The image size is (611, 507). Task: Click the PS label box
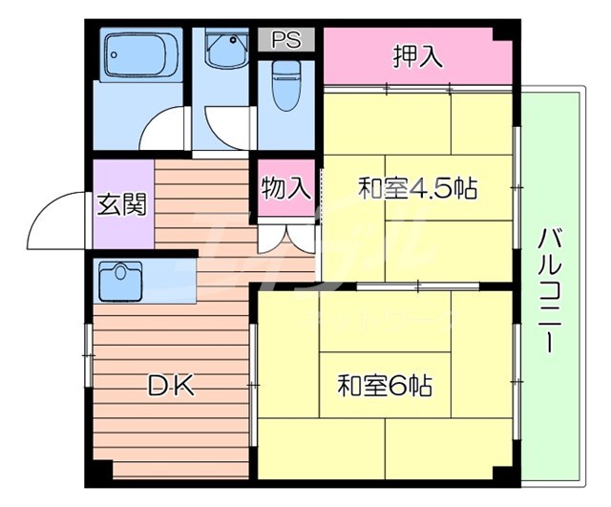point(284,39)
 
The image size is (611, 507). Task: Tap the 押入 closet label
point(417,56)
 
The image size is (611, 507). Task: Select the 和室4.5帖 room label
point(417,188)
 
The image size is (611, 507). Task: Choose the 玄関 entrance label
point(121,204)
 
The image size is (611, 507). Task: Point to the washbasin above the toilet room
point(225,48)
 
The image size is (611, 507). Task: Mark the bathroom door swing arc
point(164,130)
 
